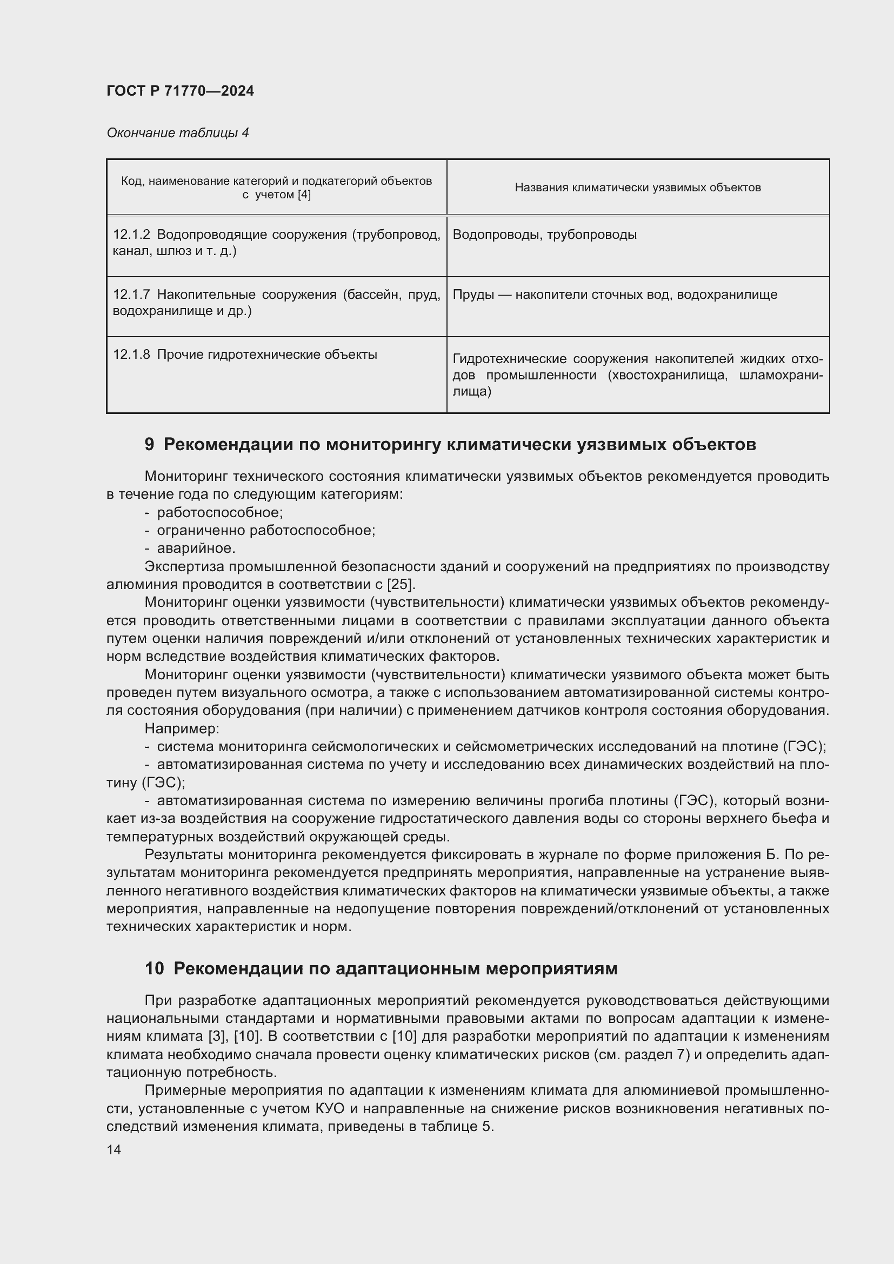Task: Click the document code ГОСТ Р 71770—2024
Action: (x=180, y=91)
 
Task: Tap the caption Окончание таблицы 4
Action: (x=177, y=133)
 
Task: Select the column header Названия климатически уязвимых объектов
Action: (x=637, y=188)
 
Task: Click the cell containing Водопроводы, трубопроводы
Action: (x=544, y=235)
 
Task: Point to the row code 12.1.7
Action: (x=131, y=295)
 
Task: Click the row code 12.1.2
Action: (x=131, y=235)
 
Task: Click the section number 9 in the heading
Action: (x=149, y=444)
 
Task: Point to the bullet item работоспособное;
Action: (x=219, y=512)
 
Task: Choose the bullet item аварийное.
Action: (x=196, y=549)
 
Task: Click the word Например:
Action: (x=182, y=729)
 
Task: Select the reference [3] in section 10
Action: (x=217, y=1036)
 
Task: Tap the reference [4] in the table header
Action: (x=304, y=195)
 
